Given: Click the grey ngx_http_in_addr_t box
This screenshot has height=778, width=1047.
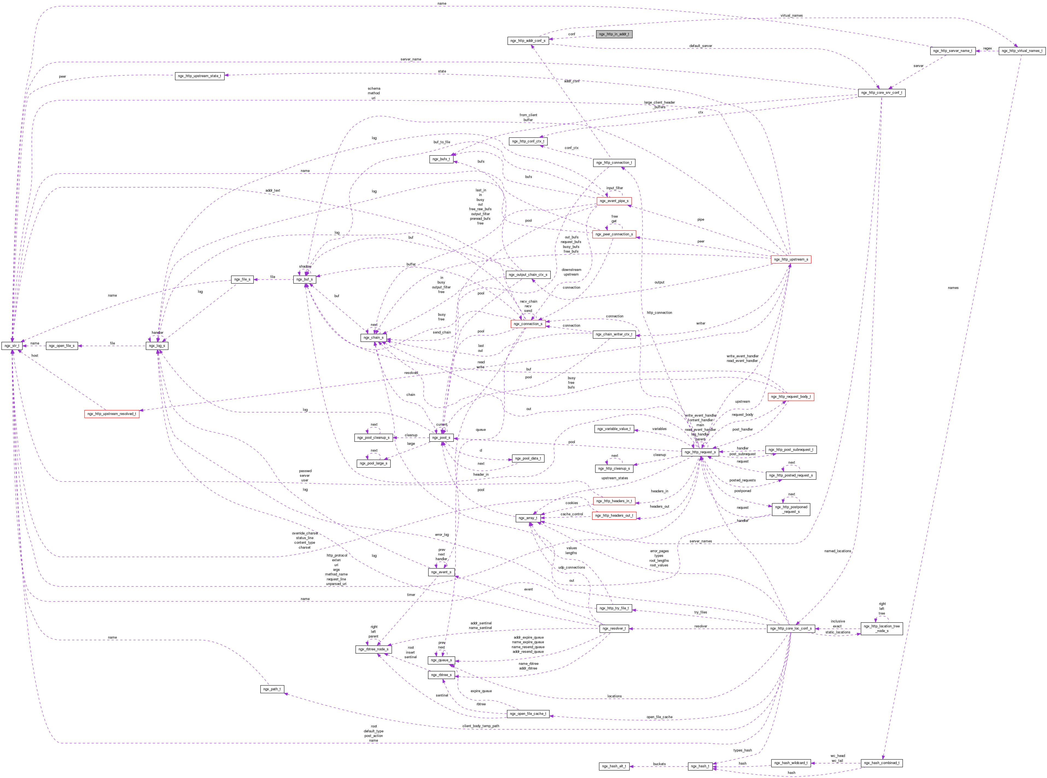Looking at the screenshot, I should coord(613,34).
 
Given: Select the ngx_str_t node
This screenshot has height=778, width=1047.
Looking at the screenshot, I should coord(12,346).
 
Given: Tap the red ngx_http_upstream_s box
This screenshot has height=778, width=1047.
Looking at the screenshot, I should coord(791,259).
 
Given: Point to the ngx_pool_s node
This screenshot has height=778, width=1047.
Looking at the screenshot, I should coord(441,437).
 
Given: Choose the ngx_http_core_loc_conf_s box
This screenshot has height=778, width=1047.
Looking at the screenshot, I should coord(790,628).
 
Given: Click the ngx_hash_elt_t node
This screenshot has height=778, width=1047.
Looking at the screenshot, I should coord(614,766).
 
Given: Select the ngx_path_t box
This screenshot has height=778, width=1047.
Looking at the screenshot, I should coord(272,689).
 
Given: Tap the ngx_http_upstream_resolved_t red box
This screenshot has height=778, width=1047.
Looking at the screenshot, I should coord(112,414).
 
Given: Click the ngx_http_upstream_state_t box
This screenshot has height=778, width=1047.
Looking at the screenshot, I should coord(199,76).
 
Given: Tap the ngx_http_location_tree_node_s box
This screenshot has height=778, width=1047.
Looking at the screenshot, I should coord(881,628).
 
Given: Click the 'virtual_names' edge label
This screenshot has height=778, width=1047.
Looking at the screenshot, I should coord(791,16).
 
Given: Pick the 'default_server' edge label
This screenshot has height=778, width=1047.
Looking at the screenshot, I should coord(700,46).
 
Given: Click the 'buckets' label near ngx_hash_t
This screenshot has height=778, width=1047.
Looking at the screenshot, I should coord(659,764).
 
